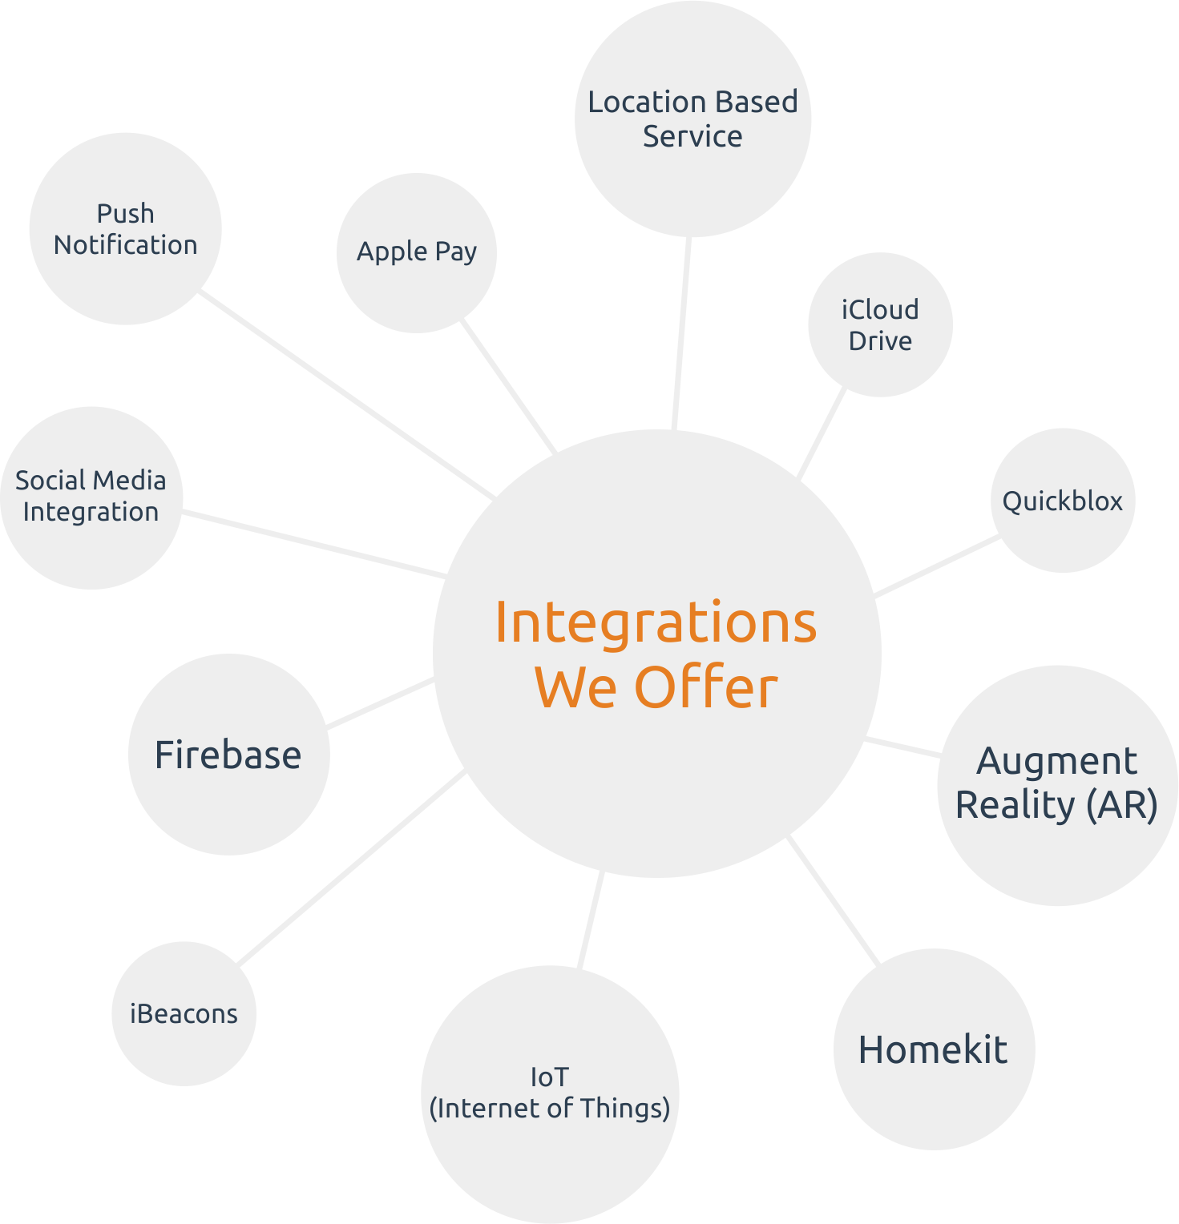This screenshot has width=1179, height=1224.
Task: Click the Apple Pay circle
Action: tap(417, 252)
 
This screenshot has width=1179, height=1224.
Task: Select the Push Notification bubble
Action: tap(125, 229)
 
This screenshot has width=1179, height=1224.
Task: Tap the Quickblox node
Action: tap(1063, 501)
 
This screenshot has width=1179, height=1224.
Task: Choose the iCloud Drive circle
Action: tap(880, 324)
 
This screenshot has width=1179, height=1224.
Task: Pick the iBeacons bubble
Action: tap(184, 1013)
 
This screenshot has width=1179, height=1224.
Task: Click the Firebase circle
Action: tap(228, 755)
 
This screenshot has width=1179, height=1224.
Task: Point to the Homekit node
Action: tap(934, 1049)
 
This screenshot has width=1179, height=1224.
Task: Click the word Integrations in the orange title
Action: tap(656, 622)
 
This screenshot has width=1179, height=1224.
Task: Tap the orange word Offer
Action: tap(705, 687)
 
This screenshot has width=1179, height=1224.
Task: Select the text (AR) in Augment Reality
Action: tap(1122, 805)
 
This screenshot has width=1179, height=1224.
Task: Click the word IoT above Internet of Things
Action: tap(549, 1077)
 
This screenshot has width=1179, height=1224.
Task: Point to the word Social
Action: tap(50, 481)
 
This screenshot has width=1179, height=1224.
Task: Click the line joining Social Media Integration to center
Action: tap(313, 544)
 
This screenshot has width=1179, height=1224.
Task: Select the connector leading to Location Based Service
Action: tap(682, 332)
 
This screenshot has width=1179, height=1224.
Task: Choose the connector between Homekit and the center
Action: tap(834, 897)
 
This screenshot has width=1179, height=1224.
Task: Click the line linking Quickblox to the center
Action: tap(936, 567)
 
